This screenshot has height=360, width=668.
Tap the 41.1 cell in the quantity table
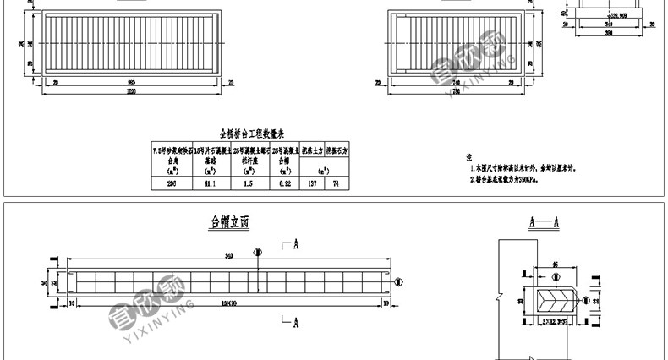click(x=209, y=183)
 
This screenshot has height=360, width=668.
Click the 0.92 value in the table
click(x=284, y=183)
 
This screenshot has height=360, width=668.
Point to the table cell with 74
click(x=336, y=183)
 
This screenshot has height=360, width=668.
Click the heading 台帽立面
click(x=230, y=223)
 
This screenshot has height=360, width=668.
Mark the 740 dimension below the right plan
click(x=457, y=82)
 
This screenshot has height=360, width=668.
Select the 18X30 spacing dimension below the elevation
click(x=227, y=301)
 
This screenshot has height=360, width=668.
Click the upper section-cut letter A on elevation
click(x=297, y=246)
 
